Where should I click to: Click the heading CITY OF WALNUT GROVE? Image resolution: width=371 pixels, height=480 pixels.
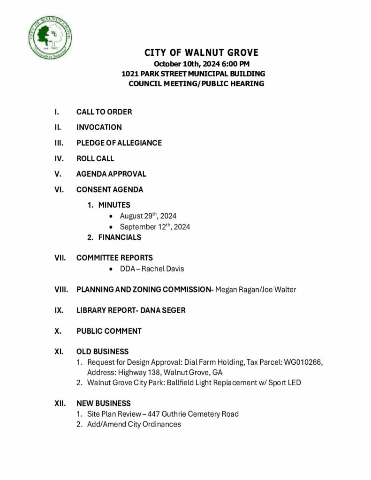coord(201,52)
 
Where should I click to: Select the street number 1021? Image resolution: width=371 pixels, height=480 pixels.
coord(129,74)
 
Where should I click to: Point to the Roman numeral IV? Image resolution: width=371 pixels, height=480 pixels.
coord(58,158)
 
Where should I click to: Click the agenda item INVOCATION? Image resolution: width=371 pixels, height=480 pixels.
coord(99,127)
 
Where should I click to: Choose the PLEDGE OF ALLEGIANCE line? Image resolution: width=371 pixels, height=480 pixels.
coord(119,143)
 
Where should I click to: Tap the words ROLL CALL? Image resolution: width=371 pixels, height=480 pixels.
coord(95,158)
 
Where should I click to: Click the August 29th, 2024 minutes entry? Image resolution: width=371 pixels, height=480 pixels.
coord(148,216)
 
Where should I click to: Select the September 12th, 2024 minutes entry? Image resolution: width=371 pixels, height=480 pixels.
coord(155,227)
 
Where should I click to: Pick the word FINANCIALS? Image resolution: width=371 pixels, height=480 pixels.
coord(120,237)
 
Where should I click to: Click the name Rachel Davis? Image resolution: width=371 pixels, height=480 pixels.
coord(165,269)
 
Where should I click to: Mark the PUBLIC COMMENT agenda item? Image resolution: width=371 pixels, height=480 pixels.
coord(109,331)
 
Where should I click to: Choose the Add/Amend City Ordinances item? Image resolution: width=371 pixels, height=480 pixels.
coord(134,424)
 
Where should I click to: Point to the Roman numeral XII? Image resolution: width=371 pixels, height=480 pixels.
coord(60,403)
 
